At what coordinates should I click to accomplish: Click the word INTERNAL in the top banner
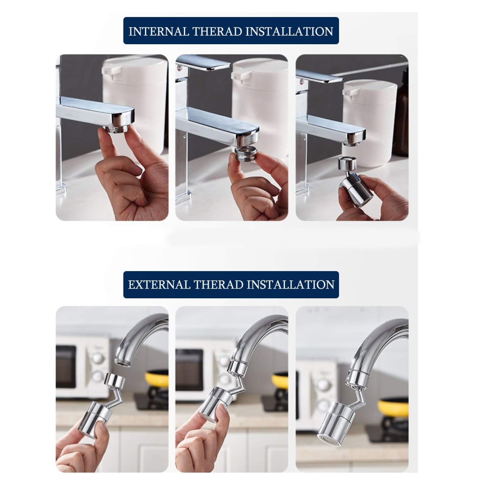pyautogui.click(x=159, y=32)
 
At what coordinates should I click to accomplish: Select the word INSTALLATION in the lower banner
pyautogui.click(x=290, y=284)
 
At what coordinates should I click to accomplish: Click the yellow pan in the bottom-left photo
pyautogui.click(x=157, y=379)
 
